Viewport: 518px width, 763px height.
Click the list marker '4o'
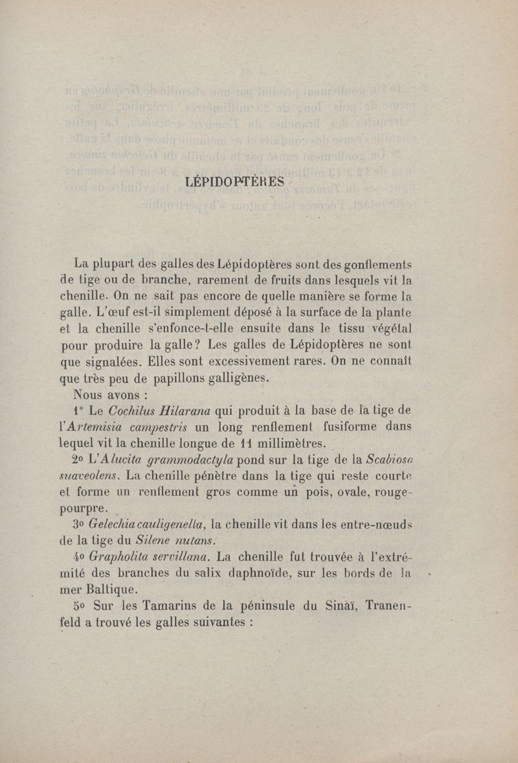click(x=80, y=556)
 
